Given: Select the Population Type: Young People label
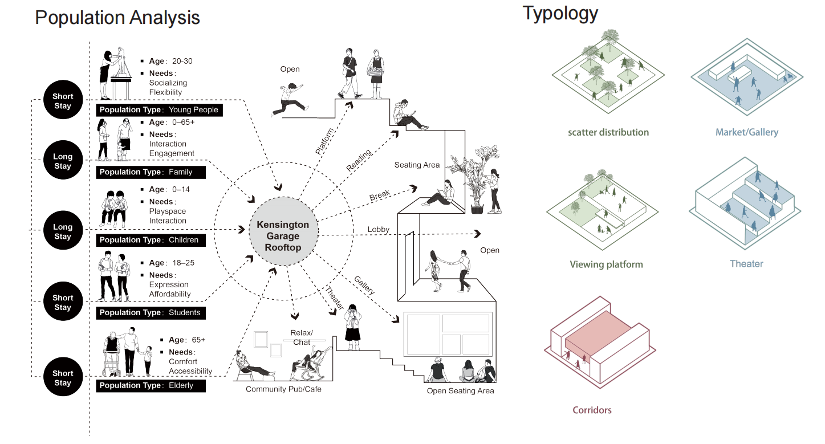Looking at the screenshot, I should tap(159, 110).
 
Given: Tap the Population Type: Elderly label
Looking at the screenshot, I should tap(151, 386).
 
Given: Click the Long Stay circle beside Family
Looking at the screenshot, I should tap(63, 161).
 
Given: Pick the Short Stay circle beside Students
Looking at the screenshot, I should tap(63, 303).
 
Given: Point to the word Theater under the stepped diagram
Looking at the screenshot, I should tap(746, 264).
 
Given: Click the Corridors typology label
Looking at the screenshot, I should tap(592, 410).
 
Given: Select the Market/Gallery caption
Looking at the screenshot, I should tap(747, 132).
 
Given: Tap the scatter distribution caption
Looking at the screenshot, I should tap(608, 132).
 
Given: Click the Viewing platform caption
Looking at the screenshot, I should tap(606, 264).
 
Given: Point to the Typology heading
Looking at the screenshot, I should tap(560, 13).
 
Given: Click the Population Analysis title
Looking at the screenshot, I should tap(117, 17).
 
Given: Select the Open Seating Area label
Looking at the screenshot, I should tap(460, 391).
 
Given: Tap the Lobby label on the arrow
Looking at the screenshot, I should tap(378, 230).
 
